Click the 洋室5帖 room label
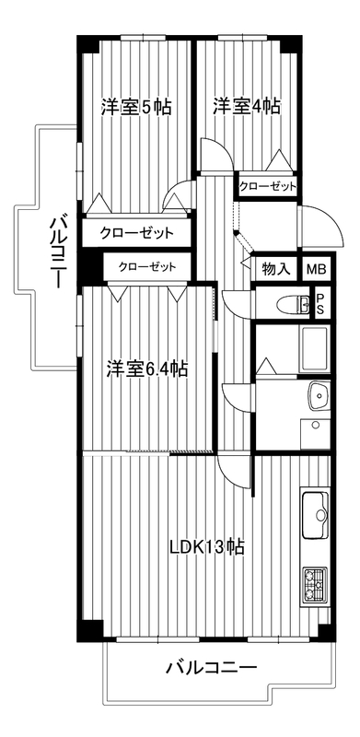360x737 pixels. [x=136, y=108]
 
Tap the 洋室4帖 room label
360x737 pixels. [x=247, y=105]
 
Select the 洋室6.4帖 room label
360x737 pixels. [x=146, y=369]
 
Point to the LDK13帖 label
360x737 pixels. [x=206, y=546]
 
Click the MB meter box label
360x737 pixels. [x=319, y=270]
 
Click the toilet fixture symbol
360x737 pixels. [x=292, y=303]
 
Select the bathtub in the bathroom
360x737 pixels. [x=313, y=348]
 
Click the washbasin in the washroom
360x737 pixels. [x=319, y=396]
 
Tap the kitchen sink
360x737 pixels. [x=314, y=515]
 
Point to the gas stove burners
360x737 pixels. [x=314, y=585]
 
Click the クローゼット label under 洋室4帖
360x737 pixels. [x=268, y=187]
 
